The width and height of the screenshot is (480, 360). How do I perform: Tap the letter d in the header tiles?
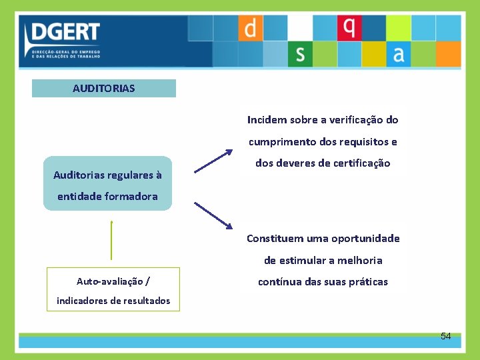[x=250, y=28]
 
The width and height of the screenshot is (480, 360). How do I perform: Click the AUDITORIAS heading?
[x=104, y=88]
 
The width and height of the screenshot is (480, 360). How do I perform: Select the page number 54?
[x=445, y=336]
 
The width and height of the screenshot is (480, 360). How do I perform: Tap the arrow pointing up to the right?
[x=213, y=161]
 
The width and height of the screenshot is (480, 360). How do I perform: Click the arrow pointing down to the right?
[x=213, y=215]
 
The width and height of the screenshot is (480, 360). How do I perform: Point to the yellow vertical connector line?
[x=111, y=240]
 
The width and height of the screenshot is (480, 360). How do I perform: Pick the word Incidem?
[x=267, y=120]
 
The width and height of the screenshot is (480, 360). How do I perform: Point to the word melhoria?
[x=360, y=260]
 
